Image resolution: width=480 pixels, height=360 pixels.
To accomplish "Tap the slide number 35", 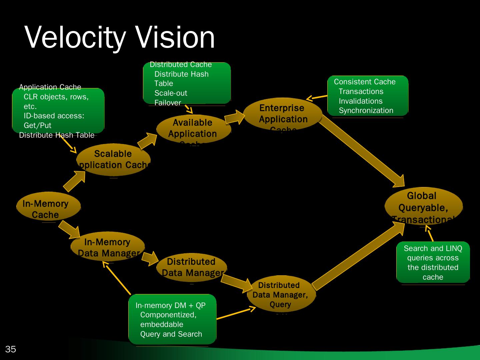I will point(10,349).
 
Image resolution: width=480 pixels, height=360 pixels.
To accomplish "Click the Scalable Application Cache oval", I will point(113,160).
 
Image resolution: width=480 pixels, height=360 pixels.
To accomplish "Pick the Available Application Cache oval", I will point(193,129).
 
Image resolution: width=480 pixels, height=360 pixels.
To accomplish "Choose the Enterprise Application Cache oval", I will point(282,114).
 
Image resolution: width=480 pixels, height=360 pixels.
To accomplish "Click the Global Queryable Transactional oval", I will point(423,206).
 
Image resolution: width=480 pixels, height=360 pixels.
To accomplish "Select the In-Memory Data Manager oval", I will point(108,247).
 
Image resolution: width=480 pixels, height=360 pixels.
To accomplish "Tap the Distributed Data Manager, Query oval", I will point(281,294).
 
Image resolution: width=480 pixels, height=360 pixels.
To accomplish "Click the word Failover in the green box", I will point(168,103).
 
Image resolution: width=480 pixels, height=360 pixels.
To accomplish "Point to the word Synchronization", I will point(366,110).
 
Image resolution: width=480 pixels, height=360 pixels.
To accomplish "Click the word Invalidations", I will point(361,101).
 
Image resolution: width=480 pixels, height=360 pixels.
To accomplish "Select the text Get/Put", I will point(38,125).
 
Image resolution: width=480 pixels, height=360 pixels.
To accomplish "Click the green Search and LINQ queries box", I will point(433,263).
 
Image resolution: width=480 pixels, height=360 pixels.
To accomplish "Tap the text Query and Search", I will point(171,334).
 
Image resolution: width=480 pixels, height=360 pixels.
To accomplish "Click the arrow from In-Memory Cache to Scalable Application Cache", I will point(74,182).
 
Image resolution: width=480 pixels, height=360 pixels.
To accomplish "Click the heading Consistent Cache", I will point(365,82).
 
